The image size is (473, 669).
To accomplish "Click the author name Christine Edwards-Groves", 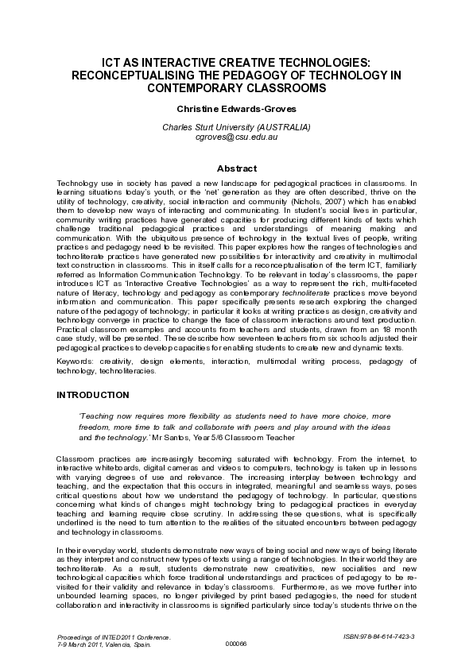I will (x=236, y=107).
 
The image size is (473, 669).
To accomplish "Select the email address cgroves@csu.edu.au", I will (x=236, y=137).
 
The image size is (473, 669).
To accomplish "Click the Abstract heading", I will (x=237, y=168).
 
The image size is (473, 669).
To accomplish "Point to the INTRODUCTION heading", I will (x=92, y=394).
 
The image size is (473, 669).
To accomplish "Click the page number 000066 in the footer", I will (x=236, y=643).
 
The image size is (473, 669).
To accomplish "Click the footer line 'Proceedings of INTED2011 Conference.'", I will (x=115, y=636).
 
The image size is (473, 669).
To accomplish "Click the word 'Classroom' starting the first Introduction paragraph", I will (x=76, y=460).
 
